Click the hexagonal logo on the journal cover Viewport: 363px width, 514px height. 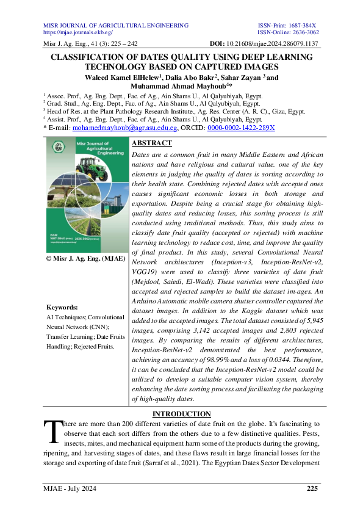click(59, 146)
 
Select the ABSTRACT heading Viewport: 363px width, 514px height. click(152, 143)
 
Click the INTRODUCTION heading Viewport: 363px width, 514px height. click(181, 414)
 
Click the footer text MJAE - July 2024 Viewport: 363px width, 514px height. click(70, 488)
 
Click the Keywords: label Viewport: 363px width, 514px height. click(62, 308)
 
